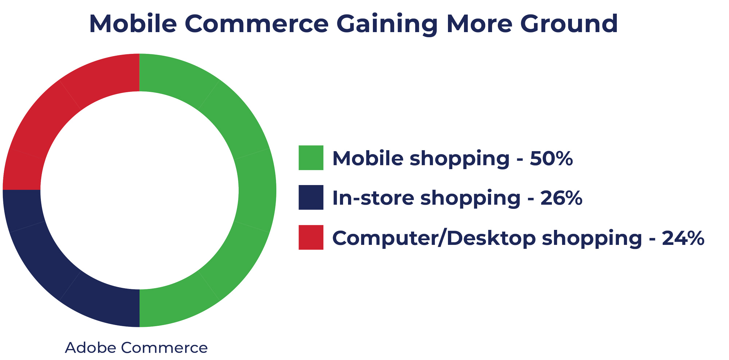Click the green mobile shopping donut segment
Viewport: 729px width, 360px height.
257,190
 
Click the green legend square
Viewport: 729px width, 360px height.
311,158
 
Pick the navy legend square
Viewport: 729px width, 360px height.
311,197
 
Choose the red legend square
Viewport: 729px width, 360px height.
311,237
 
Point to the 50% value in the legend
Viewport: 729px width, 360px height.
551,159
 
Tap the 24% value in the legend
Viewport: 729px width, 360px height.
683,238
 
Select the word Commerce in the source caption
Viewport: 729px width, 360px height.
164,348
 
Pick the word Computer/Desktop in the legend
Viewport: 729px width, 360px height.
434,239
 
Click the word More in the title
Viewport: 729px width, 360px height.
479,24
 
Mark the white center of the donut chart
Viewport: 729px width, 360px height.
140,190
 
